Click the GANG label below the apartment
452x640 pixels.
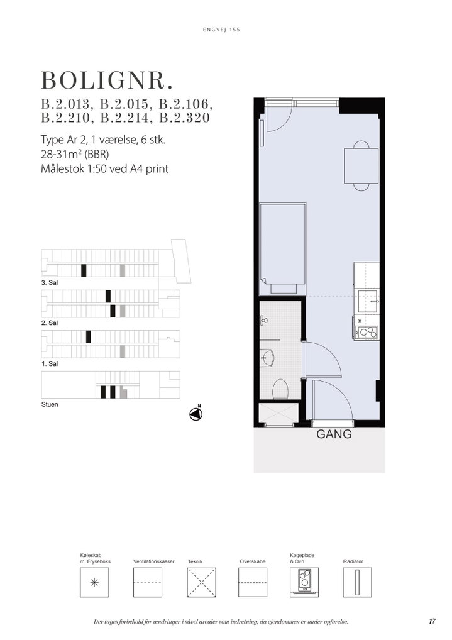(x=334, y=434)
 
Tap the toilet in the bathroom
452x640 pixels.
(x=280, y=389)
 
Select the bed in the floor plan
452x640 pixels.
(x=282, y=248)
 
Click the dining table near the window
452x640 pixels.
(x=361, y=166)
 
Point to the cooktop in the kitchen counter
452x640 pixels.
(x=365, y=332)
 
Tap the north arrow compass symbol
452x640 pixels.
(x=196, y=414)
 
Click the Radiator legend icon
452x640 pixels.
(x=357, y=582)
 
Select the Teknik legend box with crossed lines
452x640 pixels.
(x=201, y=582)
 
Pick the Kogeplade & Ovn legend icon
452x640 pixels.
(x=304, y=582)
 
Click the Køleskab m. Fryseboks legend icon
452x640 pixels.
(x=94, y=582)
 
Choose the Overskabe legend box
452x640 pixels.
(x=253, y=582)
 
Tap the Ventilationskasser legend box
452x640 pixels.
(x=148, y=582)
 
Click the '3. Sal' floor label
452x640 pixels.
(x=50, y=282)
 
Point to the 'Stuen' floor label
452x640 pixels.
(x=50, y=404)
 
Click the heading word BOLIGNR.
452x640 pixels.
(x=107, y=80)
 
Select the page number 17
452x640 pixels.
(x=432, y=621)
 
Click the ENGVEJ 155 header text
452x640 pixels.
(x=221, y=30)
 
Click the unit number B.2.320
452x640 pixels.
(x=184, y=118)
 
